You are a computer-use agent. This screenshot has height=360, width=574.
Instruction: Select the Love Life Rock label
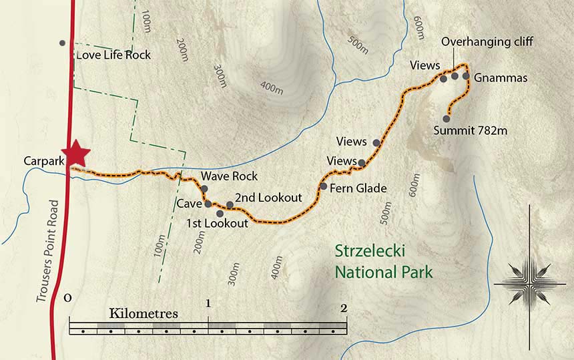pos(113,55)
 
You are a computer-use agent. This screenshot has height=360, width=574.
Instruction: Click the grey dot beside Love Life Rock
pos(63,43)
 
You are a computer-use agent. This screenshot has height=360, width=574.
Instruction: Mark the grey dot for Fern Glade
pos(324,186)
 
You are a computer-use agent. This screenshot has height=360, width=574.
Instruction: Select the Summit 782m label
pos(470,130)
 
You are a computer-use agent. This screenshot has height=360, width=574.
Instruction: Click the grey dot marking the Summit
pos(447,119)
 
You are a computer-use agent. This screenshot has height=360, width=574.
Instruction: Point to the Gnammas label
pos(501,78)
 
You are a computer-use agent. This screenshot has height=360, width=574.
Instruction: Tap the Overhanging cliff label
pos(488,43)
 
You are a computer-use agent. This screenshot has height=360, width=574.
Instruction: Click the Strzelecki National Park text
pos(383,262)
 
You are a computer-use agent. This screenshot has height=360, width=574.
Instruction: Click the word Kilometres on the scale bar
pos(144,313)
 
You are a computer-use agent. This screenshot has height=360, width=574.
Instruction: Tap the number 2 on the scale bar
pos(344,308)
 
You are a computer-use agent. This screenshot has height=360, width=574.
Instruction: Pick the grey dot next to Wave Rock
pos(204,189)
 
